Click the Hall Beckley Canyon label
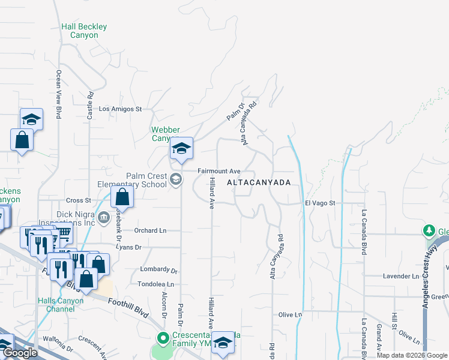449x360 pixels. [x=84, y=31]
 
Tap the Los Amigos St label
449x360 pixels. [x=120, y=109]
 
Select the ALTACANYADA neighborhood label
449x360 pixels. [x=258, y=182]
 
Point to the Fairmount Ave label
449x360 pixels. [x=220, y=172]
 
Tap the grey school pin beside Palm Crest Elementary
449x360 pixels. [x=176, y=179]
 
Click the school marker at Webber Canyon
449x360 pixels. [x=181, y=149]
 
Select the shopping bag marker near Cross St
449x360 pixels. [x=122, y=197]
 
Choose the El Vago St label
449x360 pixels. [x=319, y=203]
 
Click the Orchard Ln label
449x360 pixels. [x=150, y=230]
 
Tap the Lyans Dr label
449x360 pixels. [x=129, y=247]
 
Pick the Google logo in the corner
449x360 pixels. [x=19, y=353]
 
